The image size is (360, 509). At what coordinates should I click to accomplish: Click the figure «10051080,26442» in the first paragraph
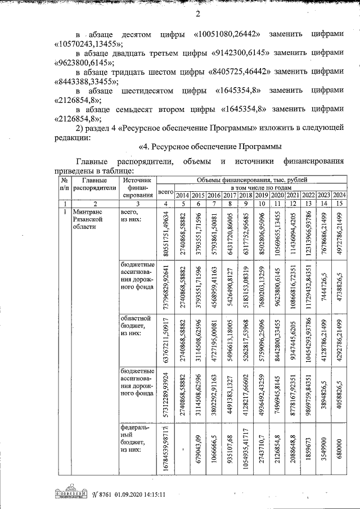(x=226, y=34)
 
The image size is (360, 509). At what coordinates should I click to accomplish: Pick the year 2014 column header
(x=182, y=195)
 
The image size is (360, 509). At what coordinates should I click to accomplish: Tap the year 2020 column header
(x=277, y=195)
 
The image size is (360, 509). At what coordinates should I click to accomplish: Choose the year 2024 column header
(x=339, y=195)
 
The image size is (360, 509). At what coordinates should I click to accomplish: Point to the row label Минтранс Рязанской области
(x=88, y=220)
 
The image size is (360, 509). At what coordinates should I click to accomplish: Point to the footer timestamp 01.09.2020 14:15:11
(x=139, y=495)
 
